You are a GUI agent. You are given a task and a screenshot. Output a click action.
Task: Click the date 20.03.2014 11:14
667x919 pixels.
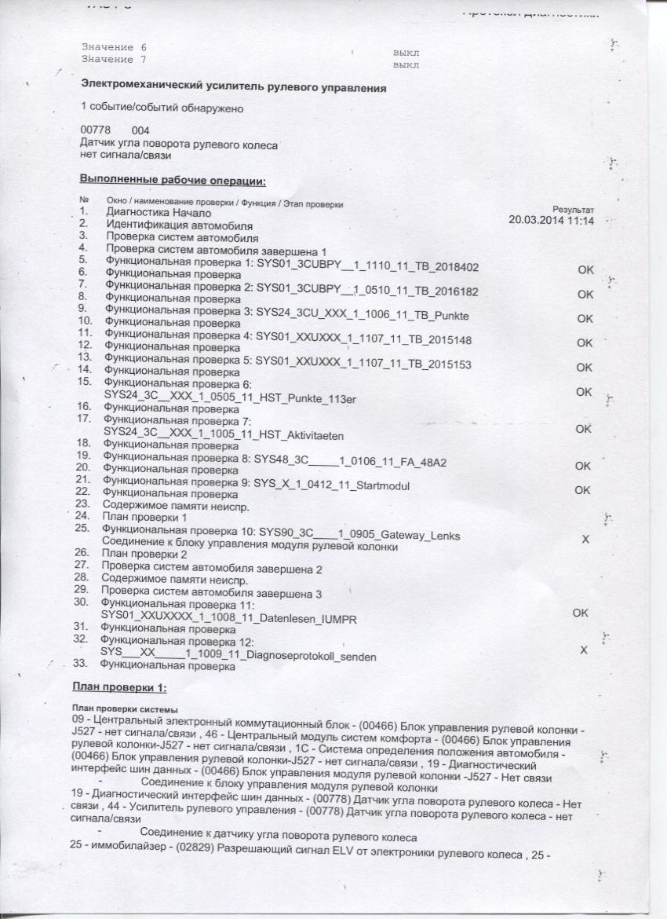click(552, 222)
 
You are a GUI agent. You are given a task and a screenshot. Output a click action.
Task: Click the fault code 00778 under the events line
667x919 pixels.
click(95, 130)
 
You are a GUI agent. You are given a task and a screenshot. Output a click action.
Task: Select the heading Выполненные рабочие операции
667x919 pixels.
click(173, 181)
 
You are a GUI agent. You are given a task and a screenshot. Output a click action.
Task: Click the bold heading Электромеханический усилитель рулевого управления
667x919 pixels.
click(233, 88)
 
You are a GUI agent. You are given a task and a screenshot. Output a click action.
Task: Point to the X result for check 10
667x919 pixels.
click(584, 540)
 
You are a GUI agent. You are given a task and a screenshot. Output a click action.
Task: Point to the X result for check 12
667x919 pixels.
click(582, 650)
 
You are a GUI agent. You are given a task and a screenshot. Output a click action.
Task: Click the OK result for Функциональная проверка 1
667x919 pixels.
click(585, 269)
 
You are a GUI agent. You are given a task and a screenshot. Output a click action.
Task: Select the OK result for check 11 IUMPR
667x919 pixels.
click(580, 613)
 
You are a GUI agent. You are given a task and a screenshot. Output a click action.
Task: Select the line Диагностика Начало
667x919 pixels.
click(158, 213)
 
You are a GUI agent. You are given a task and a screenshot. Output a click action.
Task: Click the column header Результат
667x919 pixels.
click(573, 210)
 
